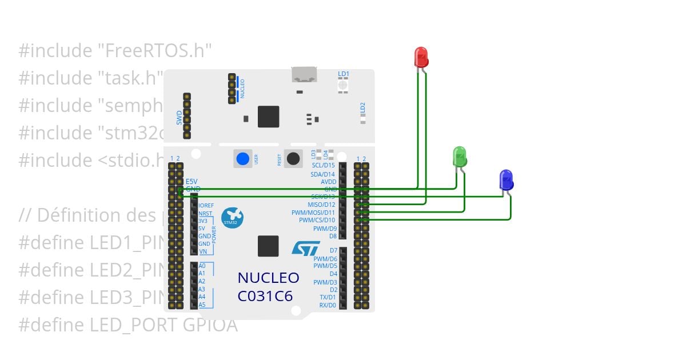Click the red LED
421,57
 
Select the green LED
460,156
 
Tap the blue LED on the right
506,179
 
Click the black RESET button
294,158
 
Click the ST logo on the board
306,248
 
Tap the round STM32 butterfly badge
233,218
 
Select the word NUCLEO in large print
268,278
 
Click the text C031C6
265,296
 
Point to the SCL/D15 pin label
323,166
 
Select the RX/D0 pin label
327,305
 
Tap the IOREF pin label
206,205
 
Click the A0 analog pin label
202,266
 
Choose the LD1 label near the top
343,74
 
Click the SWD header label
179,118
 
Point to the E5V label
192,181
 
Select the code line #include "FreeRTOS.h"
115,50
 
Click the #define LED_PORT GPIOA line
128,325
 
